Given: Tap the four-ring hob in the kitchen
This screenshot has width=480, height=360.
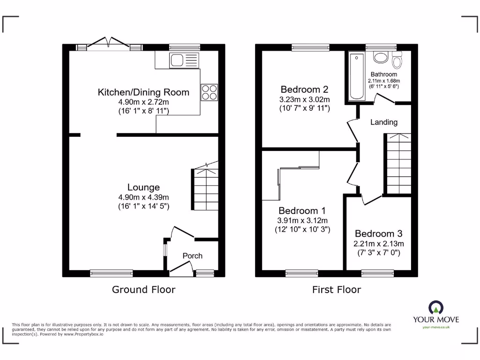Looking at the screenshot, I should (x=209, y=92).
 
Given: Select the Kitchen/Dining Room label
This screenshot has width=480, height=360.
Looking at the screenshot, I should (x=143, y=92).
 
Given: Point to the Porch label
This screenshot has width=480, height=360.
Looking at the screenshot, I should (x=192, y=255).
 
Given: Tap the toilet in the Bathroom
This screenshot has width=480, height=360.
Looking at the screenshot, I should (x=397, y=62).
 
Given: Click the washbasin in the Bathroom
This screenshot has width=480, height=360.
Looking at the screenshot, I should (x=380, y=58).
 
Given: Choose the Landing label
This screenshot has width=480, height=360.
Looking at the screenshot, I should (x=384, y=122).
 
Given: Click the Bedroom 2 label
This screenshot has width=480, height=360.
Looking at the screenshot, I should (x=304, y=89).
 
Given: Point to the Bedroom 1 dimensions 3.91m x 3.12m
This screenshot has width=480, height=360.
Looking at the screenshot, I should (x=302, y=221).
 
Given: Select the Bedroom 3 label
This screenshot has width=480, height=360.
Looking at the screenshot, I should (x=378, y=233).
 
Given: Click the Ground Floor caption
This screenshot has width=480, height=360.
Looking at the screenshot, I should (x=143, y=290).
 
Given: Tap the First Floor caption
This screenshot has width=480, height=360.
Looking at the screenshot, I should (x=337, y=290).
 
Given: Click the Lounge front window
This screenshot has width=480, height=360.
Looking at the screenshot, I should (x=112, y=272).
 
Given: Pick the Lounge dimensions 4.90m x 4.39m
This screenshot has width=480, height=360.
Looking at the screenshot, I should (x=143, y=197).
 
